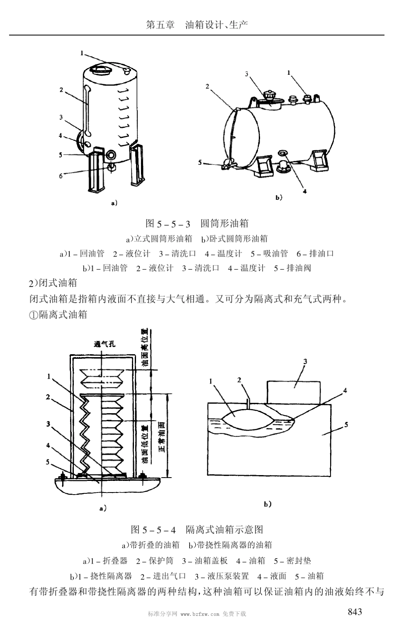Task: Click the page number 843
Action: point(355,611)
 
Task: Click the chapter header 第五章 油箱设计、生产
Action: point(197,25)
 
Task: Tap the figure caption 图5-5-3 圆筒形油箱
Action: point(197,223)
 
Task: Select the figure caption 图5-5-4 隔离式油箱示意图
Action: point(197,529)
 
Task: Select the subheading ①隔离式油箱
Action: point(58,314)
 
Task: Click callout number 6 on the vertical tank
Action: point(61,176)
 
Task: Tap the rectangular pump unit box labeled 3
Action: point(294,391)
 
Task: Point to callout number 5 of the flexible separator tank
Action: point(346,424)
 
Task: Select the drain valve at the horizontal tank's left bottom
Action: point(227,165)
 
